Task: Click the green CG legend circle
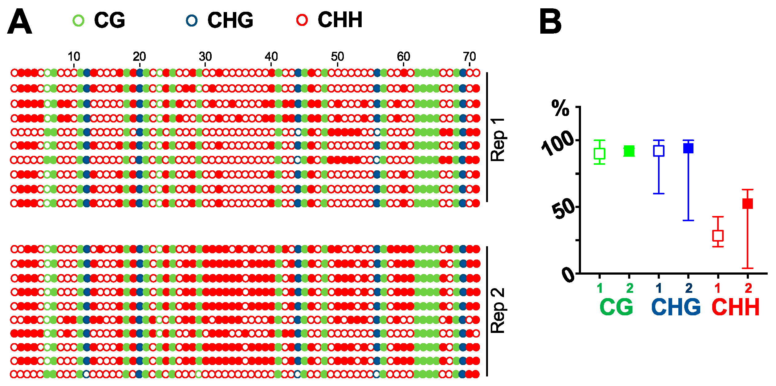[78, 20]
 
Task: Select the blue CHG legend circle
[192, 20]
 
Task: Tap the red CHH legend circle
[302, 20]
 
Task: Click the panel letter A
[19, 22]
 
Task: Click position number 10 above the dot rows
[74, 56]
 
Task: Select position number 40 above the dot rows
[271, 56]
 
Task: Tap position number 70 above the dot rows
[469, 56]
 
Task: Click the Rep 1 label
[498, 139]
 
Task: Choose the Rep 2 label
[498, 311]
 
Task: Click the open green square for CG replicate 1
[599, 153]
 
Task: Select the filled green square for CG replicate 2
[629, 151]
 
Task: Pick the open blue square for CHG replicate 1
[659, 151]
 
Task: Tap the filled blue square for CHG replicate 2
[689, 148]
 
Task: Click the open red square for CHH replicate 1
[718, 236]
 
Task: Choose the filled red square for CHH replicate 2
[748, 204]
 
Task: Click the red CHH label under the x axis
[735, 307]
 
